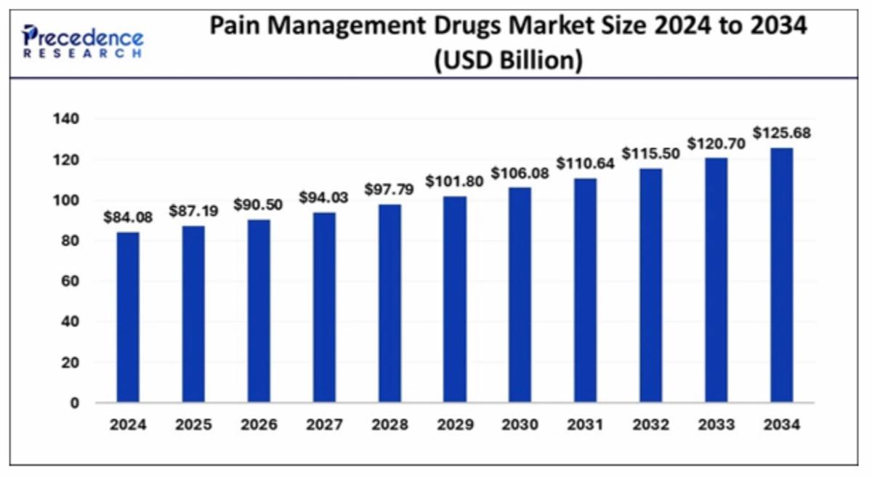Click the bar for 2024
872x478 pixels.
click(128, 317)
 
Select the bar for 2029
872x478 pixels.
click(455, 299)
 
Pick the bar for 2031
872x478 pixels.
click(586, 290)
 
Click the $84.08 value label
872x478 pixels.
click(128, 218)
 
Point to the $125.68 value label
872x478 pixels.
click(782, 134)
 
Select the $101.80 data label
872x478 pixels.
click(455, 181)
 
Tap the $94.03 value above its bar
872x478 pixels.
click(324, 197)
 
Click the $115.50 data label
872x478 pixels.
click(651, 154)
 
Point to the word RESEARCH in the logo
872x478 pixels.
click(82, 54)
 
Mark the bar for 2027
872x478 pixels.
click(324, 307)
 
